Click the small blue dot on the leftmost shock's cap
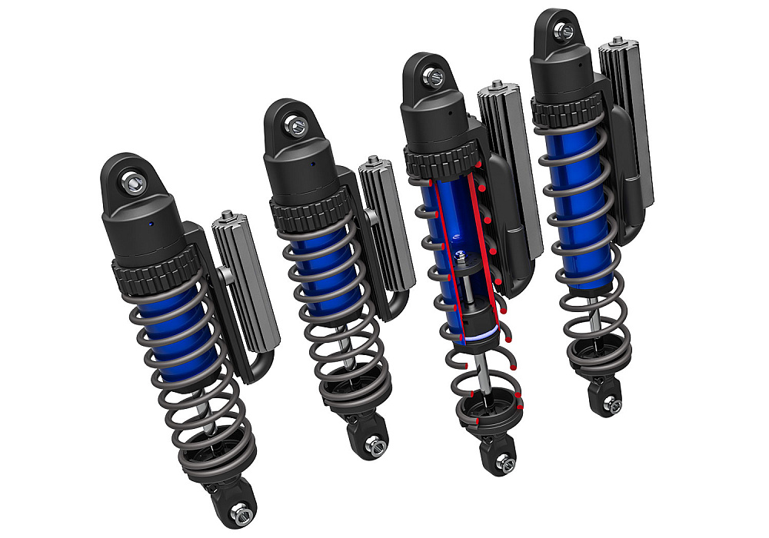151,223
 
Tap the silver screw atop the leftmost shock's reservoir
227,216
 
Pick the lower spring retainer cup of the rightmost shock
593,357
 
